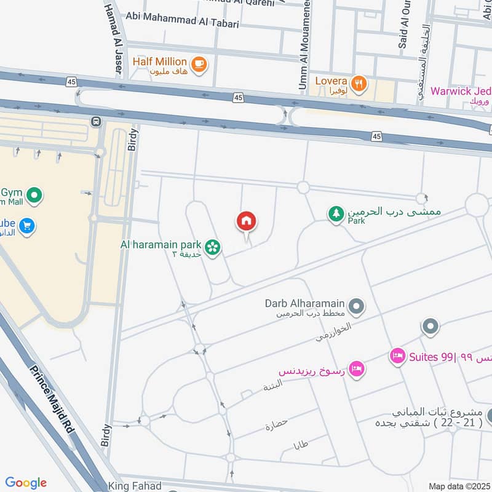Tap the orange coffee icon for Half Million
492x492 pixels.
[x=199, y=63]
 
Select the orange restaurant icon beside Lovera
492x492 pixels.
[x=359, y=82]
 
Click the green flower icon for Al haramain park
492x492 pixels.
[x=213, y=247]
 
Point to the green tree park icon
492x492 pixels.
[x=336, y=213]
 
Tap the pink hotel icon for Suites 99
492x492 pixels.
[x=398, y=356]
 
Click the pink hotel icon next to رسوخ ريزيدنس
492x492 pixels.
[x=355, y=369]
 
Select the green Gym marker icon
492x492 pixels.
[x=35, y=196]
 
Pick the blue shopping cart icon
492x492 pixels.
[x=26, y=226]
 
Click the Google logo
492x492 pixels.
[x=26, y=483]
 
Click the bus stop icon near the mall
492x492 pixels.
[x=95, y=122]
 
